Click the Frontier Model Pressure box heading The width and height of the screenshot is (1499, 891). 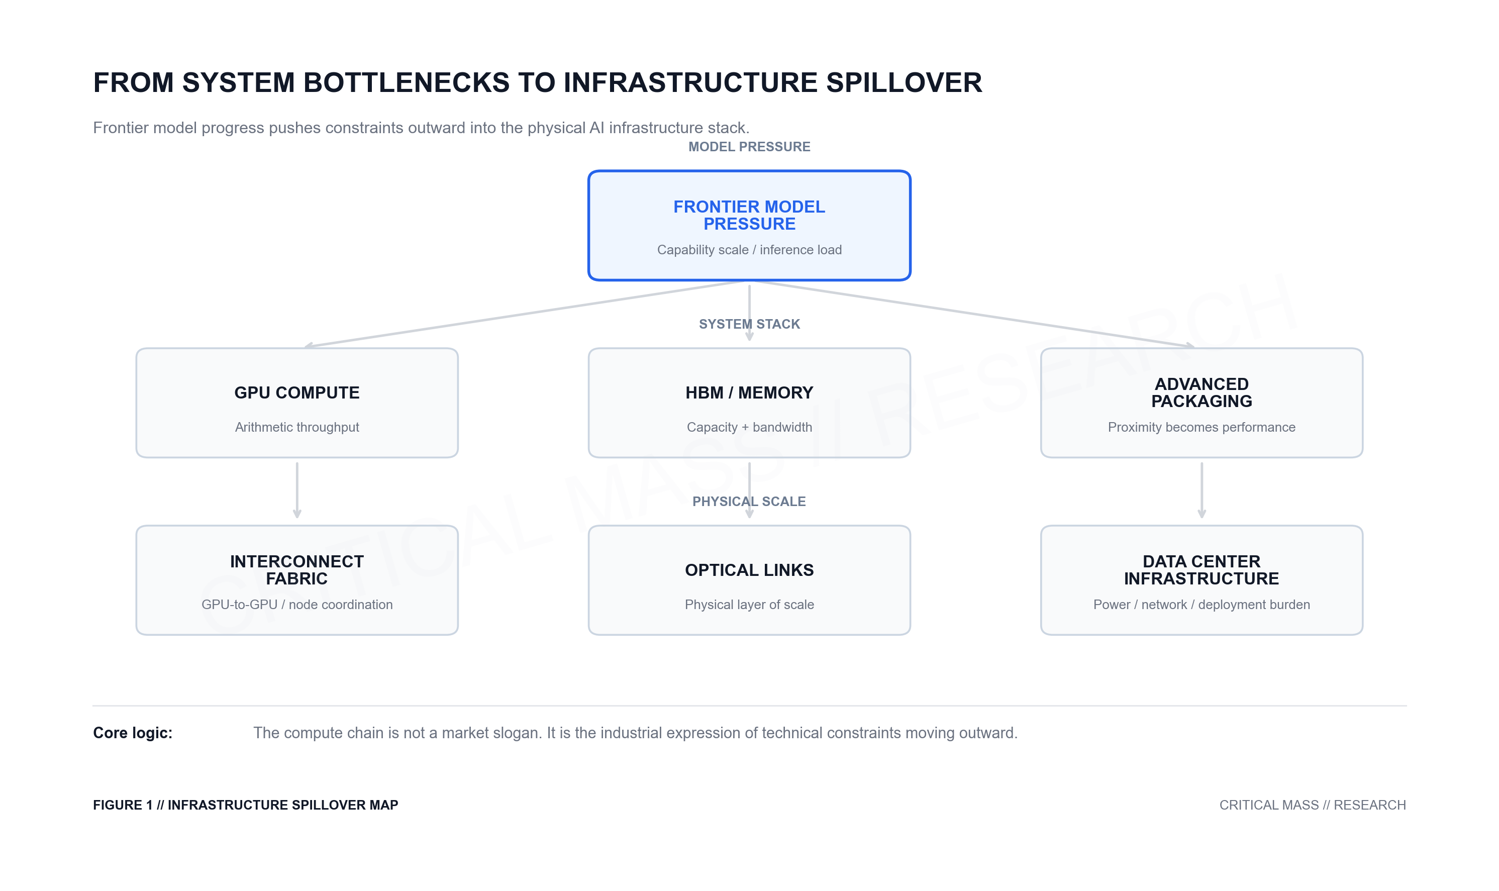click(749, 215)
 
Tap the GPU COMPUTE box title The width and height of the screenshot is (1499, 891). click(296, 392)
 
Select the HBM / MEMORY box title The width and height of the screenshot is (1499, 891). click(749, 392)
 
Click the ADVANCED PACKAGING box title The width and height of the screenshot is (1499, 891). click(1201, 392)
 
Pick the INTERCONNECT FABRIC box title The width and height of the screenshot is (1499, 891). click(296, 570)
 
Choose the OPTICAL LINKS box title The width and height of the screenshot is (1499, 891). click(749, 570)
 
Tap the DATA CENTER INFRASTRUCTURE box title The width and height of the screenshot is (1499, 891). click(1201, 570)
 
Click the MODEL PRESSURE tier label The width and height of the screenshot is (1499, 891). click(749, 147)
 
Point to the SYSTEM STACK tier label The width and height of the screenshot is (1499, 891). click(749, 324)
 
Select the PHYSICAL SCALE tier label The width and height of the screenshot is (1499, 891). click(749, 502)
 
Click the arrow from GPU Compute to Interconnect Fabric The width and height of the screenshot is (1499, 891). click(296, 489)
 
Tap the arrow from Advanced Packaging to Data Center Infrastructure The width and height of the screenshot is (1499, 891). click(1201, 489)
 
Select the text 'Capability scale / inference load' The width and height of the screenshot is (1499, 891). click(749, 250)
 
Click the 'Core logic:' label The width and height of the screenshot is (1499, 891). click(133, 733)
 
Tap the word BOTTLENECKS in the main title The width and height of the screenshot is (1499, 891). click(407, 82)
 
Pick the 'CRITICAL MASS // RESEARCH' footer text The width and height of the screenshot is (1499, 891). click(1312, 805)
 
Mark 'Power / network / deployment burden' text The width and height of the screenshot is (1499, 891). click(1201, 605)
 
